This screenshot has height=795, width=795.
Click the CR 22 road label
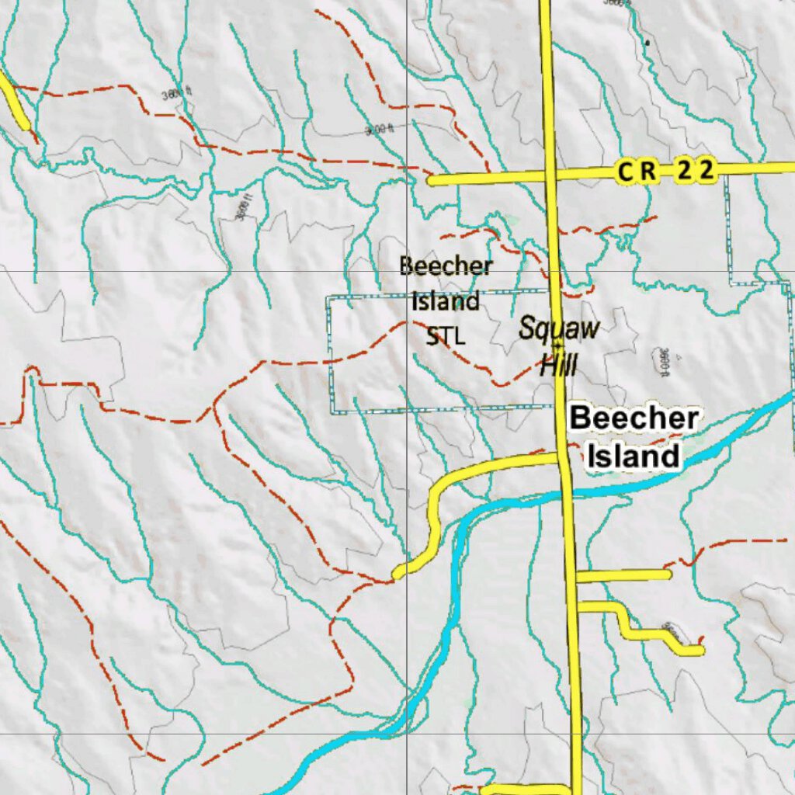click(x=665, y=172)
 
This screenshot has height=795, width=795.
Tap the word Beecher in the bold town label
click(x=634, y=418)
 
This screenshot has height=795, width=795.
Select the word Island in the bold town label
click(x=633, y=456)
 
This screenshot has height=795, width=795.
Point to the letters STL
click(x=446, y=336)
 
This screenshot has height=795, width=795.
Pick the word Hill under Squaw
click(x=558, y=363)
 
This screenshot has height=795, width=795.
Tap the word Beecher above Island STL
click(x=446, y=266)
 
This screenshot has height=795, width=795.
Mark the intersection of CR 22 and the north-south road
click(x=550, y=175)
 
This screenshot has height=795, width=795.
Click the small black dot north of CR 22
click(x=646, y=42)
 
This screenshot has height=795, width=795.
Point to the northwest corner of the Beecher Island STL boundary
click(x=327, y=297)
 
